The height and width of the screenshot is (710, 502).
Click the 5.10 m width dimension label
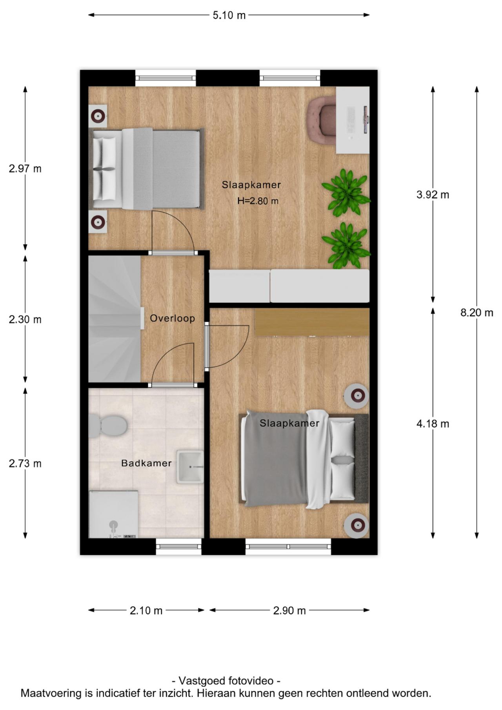click(229, 15)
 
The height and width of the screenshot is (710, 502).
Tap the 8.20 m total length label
click(477, 313)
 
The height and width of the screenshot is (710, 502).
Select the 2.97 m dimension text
click(25, 169)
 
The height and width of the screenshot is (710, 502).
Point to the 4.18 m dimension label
click(433, 424)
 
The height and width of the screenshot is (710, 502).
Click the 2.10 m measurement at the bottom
click(146, 610)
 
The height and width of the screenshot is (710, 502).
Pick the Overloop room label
click(173, 318)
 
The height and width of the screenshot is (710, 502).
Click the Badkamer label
click(146, 463)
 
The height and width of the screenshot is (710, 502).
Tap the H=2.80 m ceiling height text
click(258, 201)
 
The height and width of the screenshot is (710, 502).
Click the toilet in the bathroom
click(108, 426)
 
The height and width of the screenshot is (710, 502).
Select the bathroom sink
click(190, 466)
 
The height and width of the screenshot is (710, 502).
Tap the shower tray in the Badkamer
click(113, 514)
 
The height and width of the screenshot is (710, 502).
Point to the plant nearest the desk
click(346, 192)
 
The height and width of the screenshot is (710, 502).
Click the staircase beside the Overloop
click(115, 319)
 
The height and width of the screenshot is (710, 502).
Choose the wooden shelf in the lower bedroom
click(312, 322)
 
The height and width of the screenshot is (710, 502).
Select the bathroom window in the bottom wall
click(179, 546)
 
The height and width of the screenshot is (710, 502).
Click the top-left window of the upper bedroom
click(166, 78)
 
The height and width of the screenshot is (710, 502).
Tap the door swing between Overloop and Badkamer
click(173, 364)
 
